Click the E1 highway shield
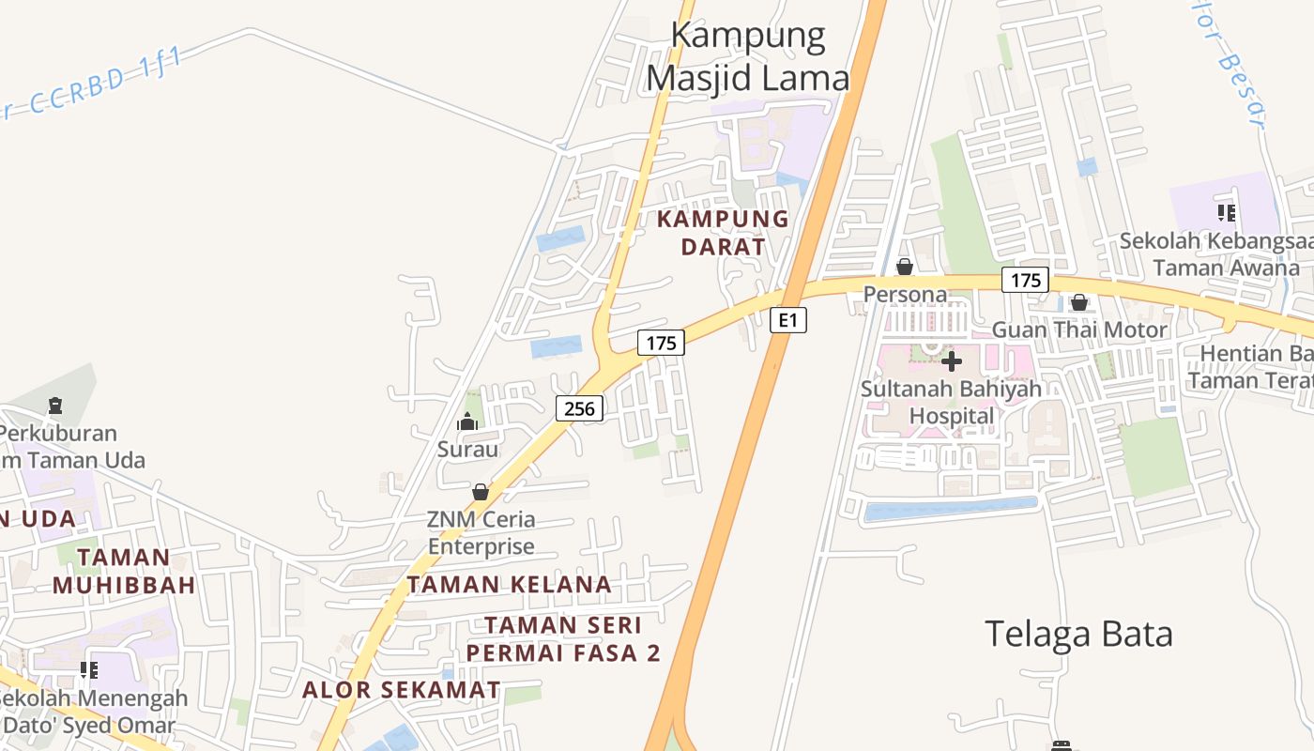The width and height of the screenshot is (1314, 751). point(788,320)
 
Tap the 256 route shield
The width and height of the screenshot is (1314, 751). point(579,408)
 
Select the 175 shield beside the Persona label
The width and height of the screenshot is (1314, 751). point(1025,280)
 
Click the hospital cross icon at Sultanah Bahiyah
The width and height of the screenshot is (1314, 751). point(951,360)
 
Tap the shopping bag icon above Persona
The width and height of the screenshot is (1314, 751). point(905,267)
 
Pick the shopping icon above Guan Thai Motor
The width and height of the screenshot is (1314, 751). point(1079,302)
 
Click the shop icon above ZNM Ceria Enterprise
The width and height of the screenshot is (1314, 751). point(481,492)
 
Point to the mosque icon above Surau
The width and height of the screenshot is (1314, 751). point(467,422)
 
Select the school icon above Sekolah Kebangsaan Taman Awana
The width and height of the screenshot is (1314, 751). point(1226,213)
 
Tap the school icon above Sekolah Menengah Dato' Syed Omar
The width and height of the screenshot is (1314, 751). point(89,670)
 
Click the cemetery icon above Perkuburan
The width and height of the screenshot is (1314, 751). point(55,406)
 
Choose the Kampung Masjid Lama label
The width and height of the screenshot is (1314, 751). point(748,57)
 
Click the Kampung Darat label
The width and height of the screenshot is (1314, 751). point(723,233)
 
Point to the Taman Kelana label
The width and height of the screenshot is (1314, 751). point(509,584)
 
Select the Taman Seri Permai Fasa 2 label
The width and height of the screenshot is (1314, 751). point(563,638)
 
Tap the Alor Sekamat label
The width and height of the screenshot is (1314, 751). point(401,690)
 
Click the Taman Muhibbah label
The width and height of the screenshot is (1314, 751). point(124,571)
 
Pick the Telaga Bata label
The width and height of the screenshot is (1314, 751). point(1078,635)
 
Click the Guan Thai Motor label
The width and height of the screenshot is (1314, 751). point(1079,330)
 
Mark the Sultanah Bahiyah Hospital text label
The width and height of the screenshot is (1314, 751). point(951,402)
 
